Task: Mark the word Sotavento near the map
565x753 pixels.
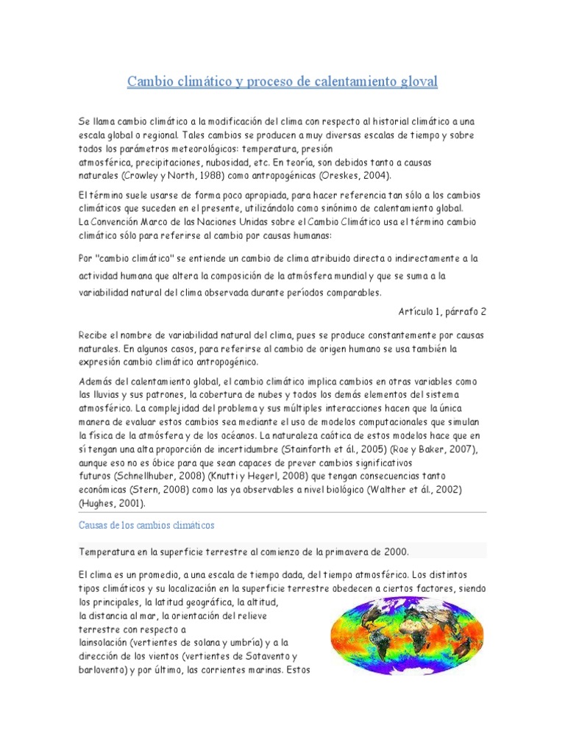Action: coord(258,656)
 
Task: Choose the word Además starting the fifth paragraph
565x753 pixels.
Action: coord(96,382)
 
